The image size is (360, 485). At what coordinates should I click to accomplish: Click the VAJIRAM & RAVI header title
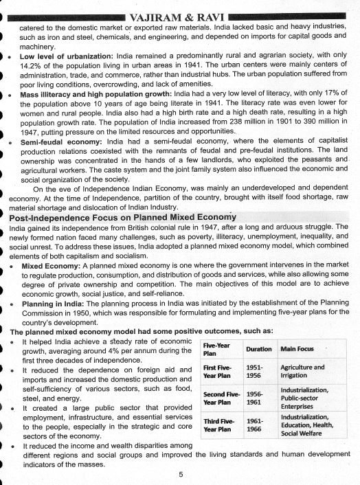click(179, 8)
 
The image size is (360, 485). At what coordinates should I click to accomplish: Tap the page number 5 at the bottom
click(179, 473)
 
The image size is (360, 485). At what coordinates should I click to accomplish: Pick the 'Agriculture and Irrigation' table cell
click(302, 372)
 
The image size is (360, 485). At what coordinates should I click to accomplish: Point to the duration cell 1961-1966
click(256, 425)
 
